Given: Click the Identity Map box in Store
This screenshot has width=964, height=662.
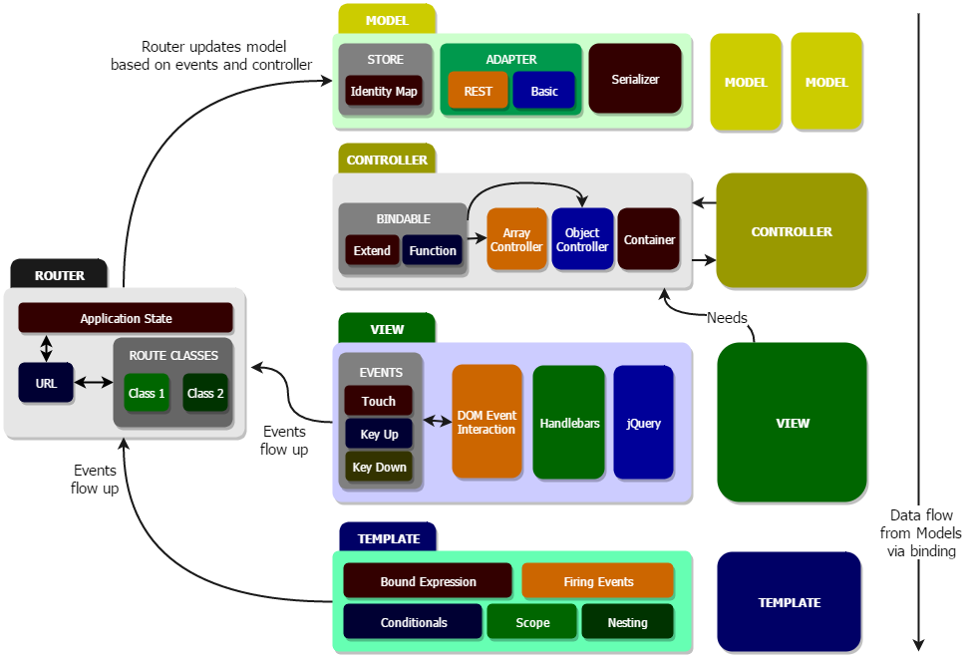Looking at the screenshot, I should [385, 92].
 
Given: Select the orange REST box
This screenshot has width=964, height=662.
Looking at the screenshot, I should [479, 91].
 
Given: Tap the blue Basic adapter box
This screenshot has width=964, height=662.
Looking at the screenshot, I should [544, 91].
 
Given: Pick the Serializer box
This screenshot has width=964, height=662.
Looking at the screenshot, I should [636, 79].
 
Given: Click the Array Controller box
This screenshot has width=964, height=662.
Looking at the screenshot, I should [517, 239].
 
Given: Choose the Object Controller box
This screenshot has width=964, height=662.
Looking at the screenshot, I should [582, 239].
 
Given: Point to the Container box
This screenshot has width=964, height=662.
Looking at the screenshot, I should [649, 239].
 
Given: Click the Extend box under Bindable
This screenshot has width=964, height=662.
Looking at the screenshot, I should [372, 250].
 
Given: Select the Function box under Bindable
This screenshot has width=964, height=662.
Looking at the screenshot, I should [433, 250].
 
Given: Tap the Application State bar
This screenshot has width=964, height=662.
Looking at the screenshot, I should [126, 319].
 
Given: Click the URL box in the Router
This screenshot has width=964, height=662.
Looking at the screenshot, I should [46, 383].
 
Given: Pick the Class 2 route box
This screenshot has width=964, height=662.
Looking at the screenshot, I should [206, 393].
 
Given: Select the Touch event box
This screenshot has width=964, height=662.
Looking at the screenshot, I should [379, 401].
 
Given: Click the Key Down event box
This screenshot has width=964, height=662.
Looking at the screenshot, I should [379, 467].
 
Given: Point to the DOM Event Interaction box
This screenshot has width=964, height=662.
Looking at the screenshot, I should [486, 422].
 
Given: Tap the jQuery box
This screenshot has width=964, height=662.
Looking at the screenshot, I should [644, 423].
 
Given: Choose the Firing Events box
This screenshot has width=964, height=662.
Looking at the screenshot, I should [598, 581].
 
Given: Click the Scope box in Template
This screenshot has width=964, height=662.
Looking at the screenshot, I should [532, 622].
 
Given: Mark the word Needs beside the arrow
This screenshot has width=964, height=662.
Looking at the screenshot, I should [727, 318].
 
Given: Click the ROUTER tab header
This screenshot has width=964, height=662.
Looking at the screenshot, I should [60, 275].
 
